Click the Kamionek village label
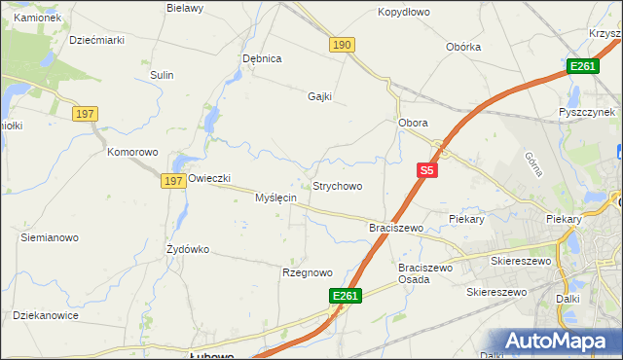click(38, 18)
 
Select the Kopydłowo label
click(403, 13)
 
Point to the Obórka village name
click(463, 47)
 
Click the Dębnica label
click(262, 58)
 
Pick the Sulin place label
click(162, 75)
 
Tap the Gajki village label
click(319, 96)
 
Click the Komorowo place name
click(132, 153)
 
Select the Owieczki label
click(209, 178)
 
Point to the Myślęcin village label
click(275, 198)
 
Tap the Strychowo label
click(337, 186)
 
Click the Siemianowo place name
click(50, 236)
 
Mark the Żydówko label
click(188, 249)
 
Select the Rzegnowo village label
click(307, 272)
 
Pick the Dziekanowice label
click(45, 314)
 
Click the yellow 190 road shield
click(342, 45)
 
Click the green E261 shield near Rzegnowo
click(346, 296)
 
